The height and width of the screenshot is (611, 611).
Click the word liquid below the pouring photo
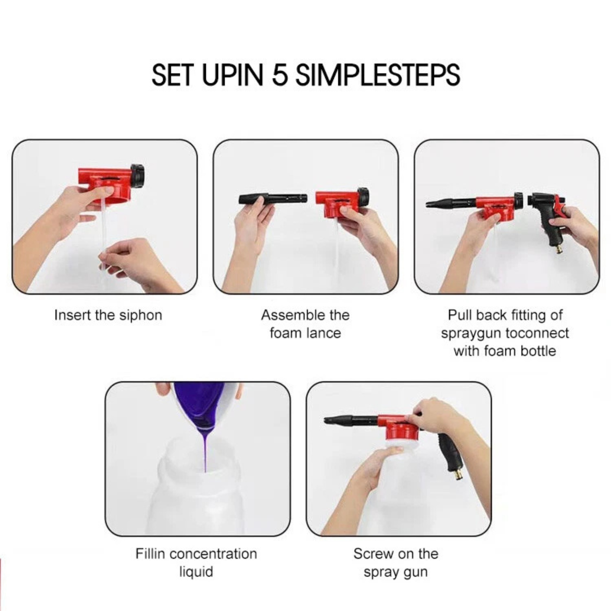pyautogui.click(x=196, y=572)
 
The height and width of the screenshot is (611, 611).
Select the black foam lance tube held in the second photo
pyautogui.click(x=273, y=199)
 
